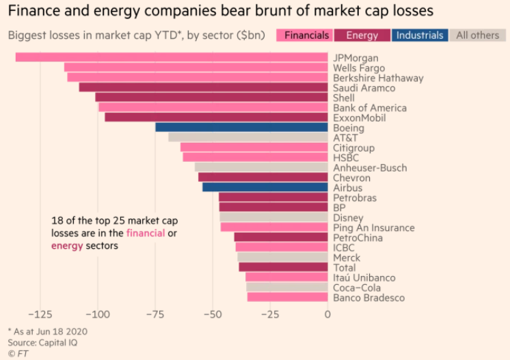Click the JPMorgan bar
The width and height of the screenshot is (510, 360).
[x=171, y=57]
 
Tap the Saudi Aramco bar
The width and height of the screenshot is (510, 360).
[x=203, y=87]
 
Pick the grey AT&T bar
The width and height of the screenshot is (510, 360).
[x=248, y=137]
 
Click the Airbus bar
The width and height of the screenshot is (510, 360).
[x=265, y=187]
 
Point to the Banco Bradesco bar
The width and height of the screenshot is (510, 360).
[x=288, y=297]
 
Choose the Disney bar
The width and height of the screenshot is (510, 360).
[x=273, y=217]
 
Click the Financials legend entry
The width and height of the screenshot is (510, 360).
[x=304, y=36]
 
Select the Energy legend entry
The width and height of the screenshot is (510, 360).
[x=362, y=36]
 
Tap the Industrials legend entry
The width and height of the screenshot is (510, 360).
[x=420, y=36]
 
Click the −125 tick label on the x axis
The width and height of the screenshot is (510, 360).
[x=40, y=314]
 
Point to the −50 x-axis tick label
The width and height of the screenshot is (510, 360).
[x=213, y=314]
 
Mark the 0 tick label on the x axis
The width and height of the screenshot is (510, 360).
[x=328, y=314]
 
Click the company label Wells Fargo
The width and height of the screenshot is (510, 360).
[x=358, y=68]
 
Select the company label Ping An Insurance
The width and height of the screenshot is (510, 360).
[x=373, y=227]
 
